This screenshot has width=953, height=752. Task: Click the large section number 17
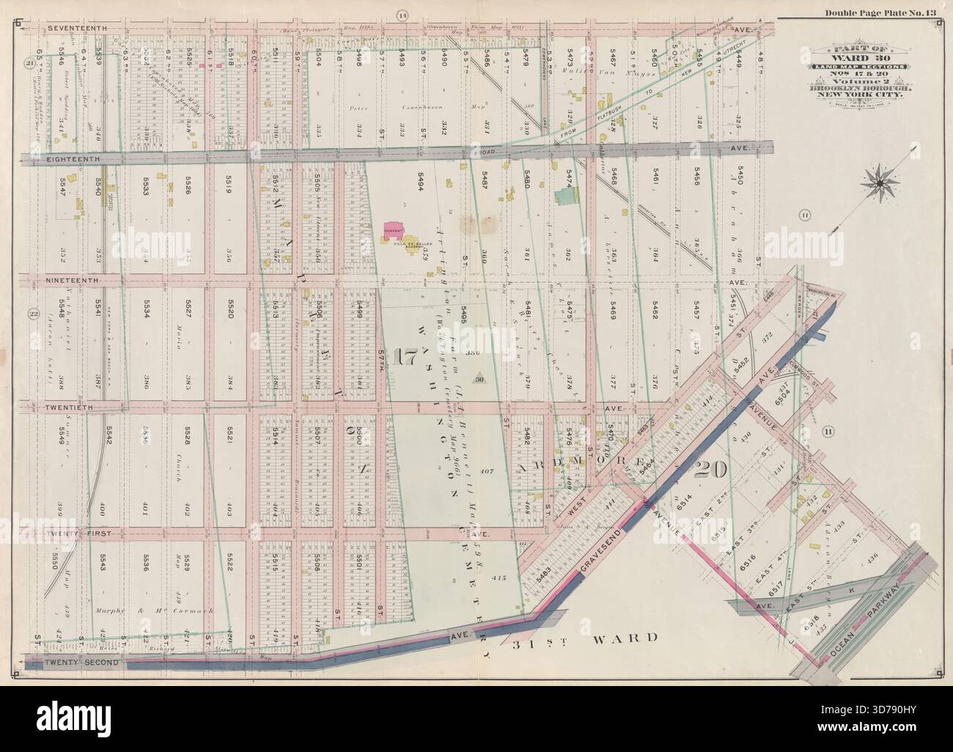pos(404,358)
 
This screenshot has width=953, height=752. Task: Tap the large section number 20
pos(712,469)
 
